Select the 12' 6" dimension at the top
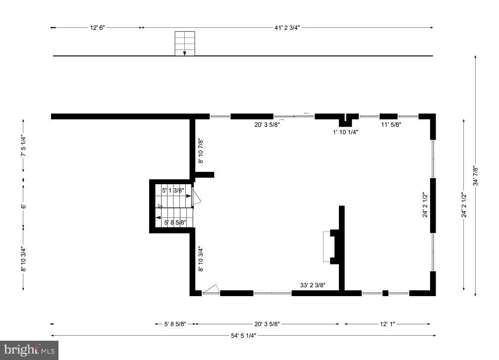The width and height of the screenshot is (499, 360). pyautogui.click(x=97, y=28)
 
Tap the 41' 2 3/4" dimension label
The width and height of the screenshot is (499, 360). pyautogui.click(x=287, y=28)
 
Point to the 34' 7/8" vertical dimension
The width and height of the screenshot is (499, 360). pyautogui.click(x=475, y=175)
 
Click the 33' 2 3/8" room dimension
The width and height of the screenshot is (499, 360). pyautogui.click(x=312, y=285)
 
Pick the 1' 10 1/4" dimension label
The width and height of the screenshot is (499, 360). pyautogui.click(x=345, y=132)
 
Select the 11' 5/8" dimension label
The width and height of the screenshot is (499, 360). pyautogui.click(x=390, y=125)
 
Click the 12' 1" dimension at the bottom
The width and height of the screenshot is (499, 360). pyautogui.click(x=388, y=324)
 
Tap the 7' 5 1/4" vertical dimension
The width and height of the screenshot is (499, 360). pyautogui.click(x=23, y=146)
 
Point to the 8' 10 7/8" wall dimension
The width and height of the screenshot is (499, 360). pyautogui.click(x=201, y=151)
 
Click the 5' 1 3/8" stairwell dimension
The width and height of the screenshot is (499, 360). pyautogui.click(x=173, y=190)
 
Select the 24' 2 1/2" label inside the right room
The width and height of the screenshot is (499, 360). pyautogui.click(x=425, y=205)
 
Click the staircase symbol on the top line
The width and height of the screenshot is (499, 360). pyautogui.click(x=184, y=44)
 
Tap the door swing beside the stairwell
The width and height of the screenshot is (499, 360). pyautogui.click(x=196, y=198)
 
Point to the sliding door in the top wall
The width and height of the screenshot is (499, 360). pyautogui.click(x=294, y=116)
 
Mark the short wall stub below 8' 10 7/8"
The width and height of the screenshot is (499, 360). pyautogui.click(x=204, y=174)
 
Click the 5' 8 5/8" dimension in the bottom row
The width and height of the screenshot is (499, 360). pyautogui.click(x=175, y=324)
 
